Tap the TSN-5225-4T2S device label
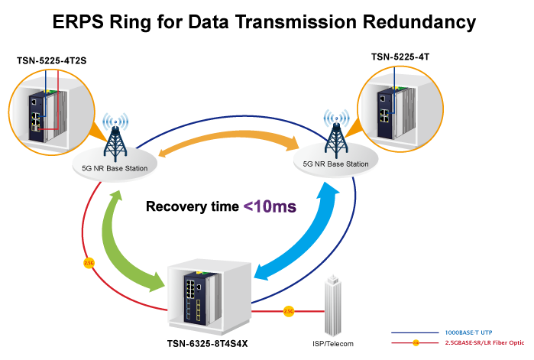47,60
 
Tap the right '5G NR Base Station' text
336,164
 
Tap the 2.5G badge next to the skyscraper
289,311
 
